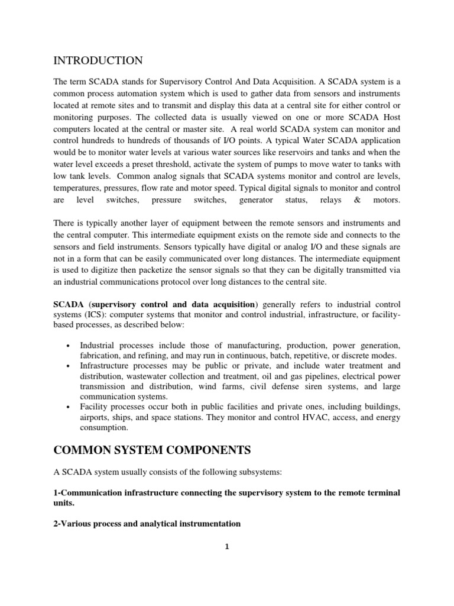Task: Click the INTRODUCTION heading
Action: [98, 61]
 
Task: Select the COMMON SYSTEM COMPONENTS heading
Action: [152, 450]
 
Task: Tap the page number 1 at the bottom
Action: [227, 547]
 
